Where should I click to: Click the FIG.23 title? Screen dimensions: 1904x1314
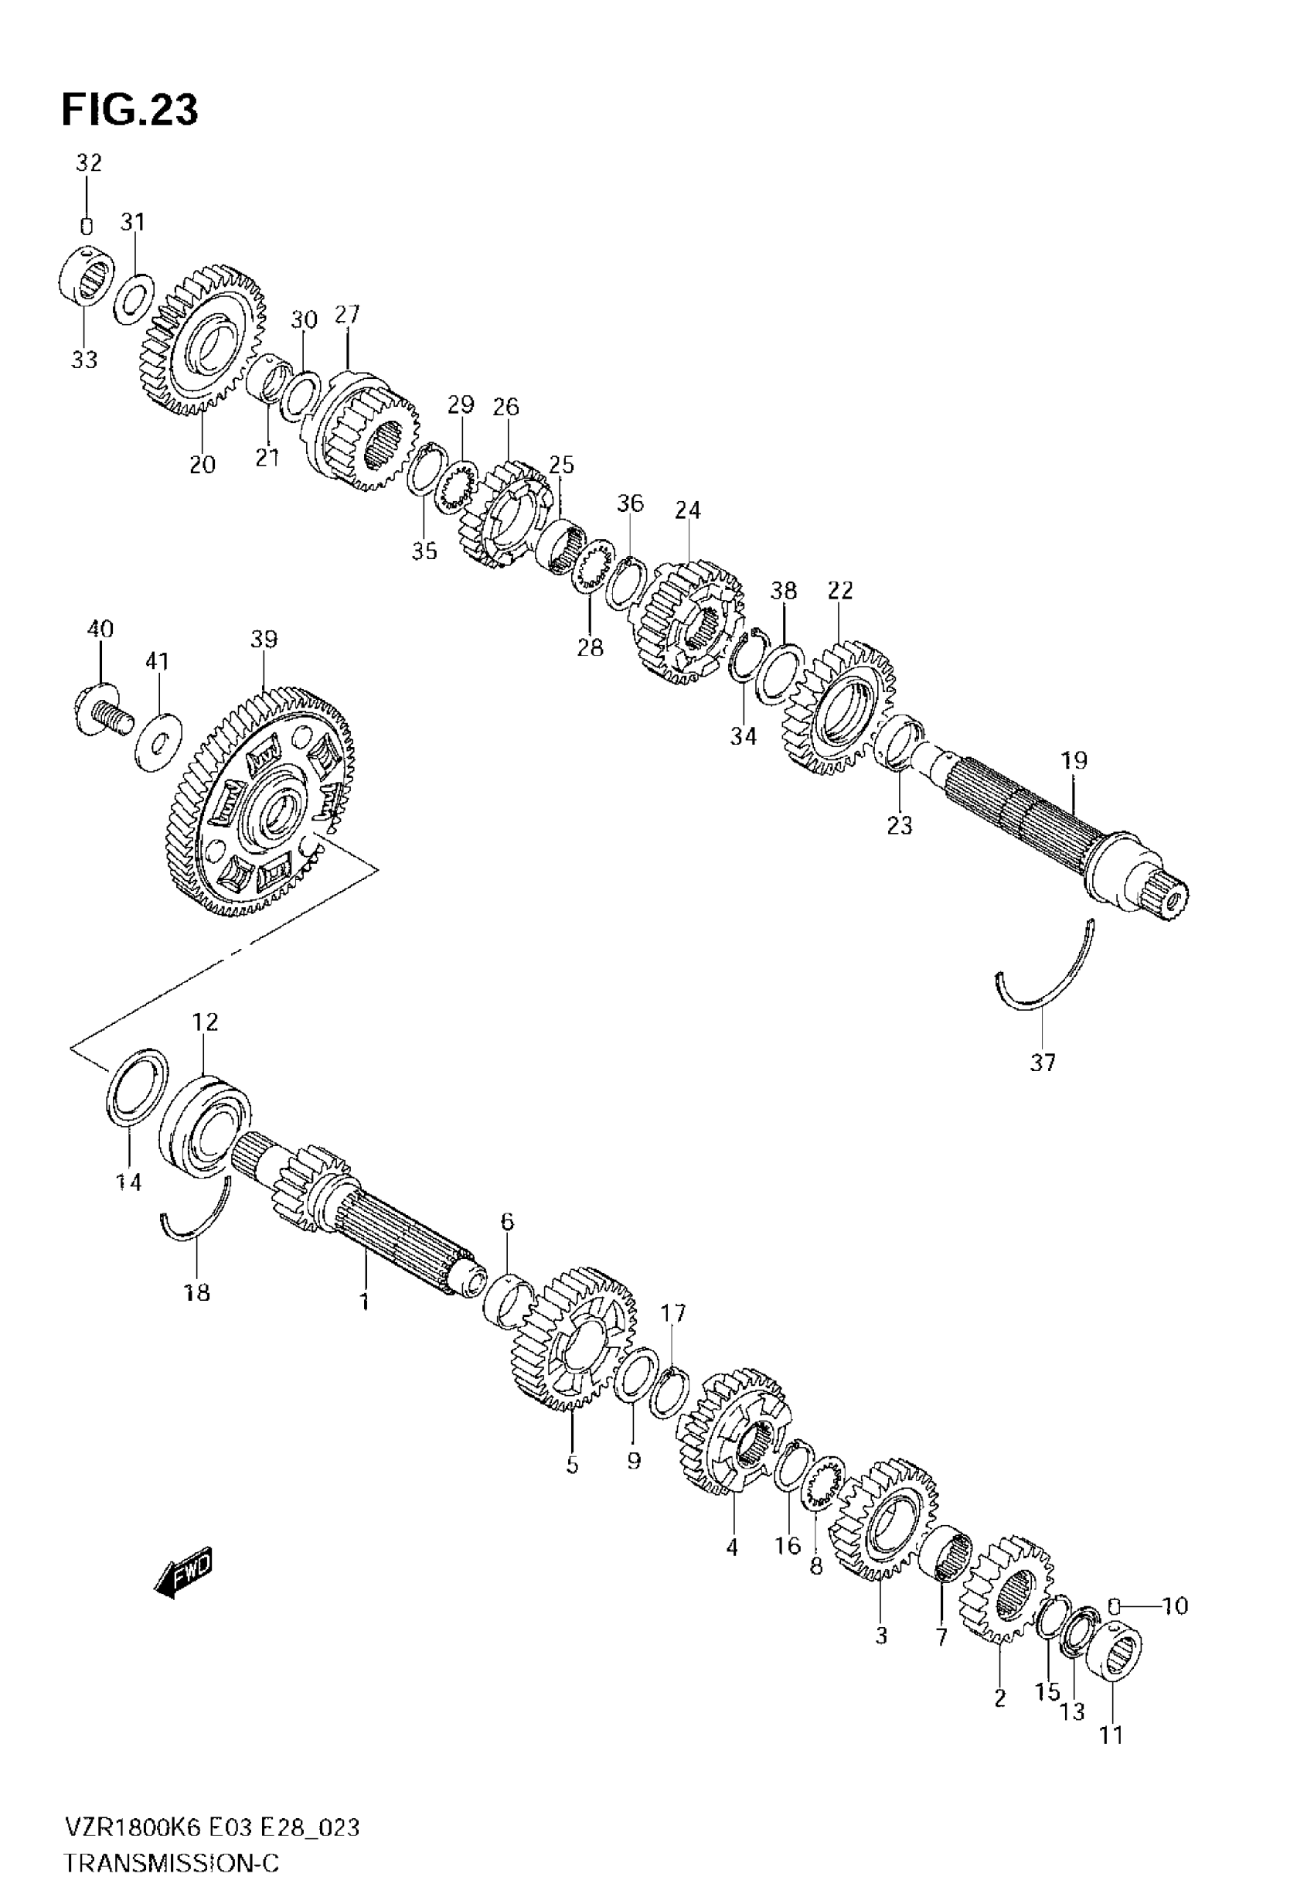(x=130, y=111)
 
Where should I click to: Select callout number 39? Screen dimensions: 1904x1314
(x=264, y=639)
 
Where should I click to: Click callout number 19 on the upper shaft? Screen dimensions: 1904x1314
(x=1074, y=760)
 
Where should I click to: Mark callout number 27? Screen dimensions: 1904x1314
(x=346, y=315)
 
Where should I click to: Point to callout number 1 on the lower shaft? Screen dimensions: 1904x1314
(x=363, y=1302)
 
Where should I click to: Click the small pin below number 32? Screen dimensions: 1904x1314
(x=86, y=227)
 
